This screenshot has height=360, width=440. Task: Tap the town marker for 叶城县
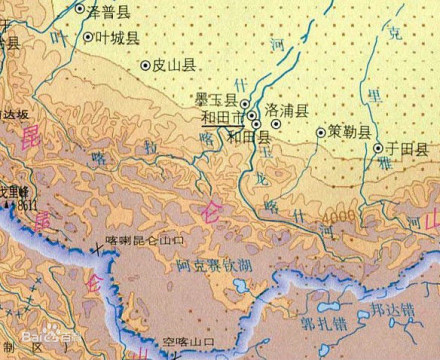click(x=88, y=37)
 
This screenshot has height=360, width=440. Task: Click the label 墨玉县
click(x=216, y=101)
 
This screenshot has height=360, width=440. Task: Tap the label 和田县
click(x=248, y=136)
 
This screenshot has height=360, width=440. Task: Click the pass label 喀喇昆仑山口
click(x=145, y=241)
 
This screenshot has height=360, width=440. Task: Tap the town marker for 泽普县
click(x=81, y=8)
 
